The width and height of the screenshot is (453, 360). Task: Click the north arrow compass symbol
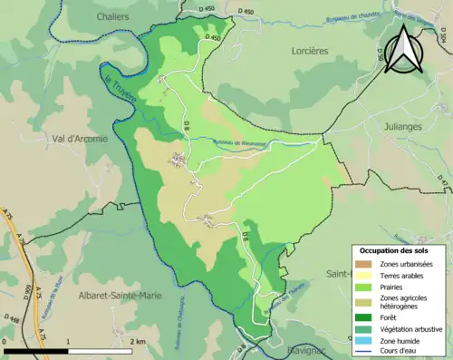pos(402,49)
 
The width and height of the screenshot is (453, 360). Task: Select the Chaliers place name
pos(113,15)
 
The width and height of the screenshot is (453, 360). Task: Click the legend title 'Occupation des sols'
pos(394,249)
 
